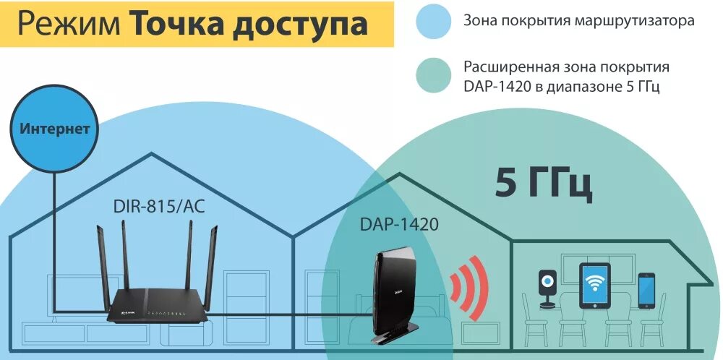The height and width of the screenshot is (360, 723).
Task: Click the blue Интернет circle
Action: point(55,130)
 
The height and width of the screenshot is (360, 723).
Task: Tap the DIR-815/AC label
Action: point(159,207)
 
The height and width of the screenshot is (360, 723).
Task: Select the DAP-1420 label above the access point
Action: point(399,225)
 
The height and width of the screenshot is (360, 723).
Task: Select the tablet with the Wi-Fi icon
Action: point(594,285)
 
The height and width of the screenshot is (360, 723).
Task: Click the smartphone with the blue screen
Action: point(646,288)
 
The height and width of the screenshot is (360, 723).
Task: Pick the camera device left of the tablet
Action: point(547,286)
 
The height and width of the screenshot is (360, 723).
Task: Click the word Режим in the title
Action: point(68,23)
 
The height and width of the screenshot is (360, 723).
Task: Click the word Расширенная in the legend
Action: point(508,67)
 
